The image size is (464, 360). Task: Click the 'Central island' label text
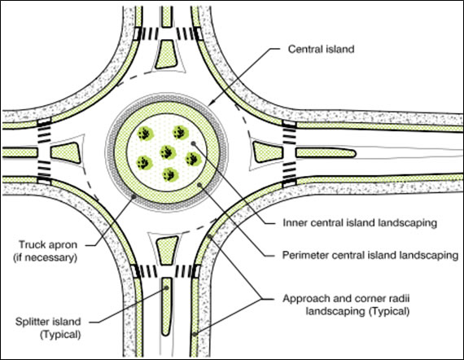321,49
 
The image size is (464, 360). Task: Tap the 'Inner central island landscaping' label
360,222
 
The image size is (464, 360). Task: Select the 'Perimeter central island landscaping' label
370,255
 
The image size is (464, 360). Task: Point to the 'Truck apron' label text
48,245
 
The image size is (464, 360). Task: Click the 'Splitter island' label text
48,322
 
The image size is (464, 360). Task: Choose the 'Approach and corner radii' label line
346,298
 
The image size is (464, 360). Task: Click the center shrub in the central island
168,152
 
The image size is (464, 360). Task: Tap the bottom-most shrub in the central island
171,174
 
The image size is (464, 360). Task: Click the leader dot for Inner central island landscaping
193,143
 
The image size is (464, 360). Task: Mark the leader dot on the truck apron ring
134,196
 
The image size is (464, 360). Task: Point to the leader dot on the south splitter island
166,288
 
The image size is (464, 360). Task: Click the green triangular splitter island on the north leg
167,55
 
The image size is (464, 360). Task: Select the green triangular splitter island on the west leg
65,153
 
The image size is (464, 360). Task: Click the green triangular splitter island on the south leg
167,250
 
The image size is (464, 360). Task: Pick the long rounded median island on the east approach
326,153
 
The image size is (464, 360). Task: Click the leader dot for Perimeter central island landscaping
200,185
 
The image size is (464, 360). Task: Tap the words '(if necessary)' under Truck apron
46,257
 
